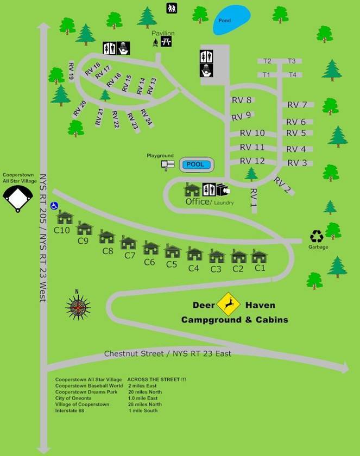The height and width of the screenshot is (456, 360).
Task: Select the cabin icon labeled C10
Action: (65, 217)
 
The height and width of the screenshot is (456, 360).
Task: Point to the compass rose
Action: (78, 307)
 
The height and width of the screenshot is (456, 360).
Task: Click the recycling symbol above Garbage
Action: (317, 237)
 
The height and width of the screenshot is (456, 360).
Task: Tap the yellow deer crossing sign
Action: (228, 304)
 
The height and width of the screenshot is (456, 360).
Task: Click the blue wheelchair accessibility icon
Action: (54, 206)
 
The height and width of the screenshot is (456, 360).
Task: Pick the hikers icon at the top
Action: (172, 8)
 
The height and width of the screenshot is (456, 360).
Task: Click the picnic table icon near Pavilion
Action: (166, 42)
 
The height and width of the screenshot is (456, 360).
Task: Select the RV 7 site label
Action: (297, 105)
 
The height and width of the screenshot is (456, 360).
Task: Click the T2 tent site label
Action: (267, 61)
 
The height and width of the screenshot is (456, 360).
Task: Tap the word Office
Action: (197, 201)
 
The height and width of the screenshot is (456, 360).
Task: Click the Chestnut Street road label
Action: (134, 354)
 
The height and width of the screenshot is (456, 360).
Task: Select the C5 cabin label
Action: (172, 264)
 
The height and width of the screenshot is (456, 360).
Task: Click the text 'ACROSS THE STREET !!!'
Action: (156, 379)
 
